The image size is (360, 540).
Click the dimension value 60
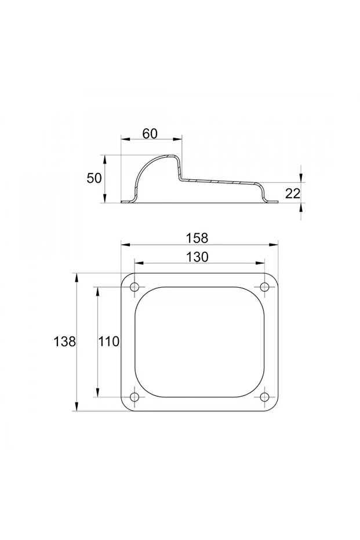pyautogui.click(x=150, y=133)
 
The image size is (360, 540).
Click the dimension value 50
pyautogui.click(x=94, y=178)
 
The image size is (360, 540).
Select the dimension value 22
pyautogui.click(x=293, y=194)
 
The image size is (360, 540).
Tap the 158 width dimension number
pyautogui.click(x=197, y=238)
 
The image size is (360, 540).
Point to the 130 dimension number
pyautogui.click(x=197, y=256)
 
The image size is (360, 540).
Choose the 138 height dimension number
pyautogui.click(x=64, y=342)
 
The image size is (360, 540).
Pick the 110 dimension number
pyautogui.click(x=109, y=342)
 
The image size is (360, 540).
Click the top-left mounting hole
pyautogui.click(x=134, y=287)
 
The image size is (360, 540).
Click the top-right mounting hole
pyautogui.click(x=264, y=287)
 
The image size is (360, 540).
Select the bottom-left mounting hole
pyautogui.click(x=134, y=397)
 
